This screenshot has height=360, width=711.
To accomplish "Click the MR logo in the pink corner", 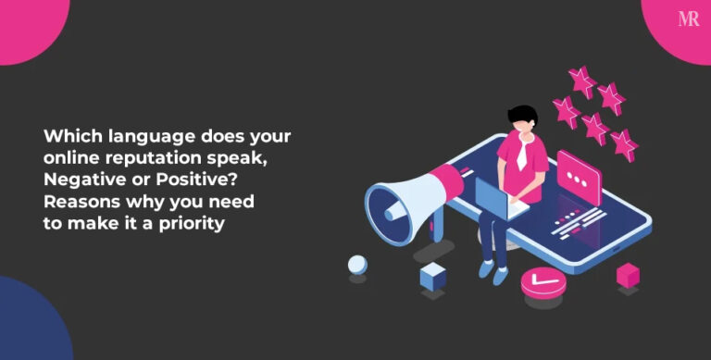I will click(x=688, y=19).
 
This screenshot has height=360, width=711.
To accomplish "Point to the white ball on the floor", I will click(x=357, y=266).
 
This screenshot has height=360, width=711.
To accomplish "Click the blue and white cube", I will click(x=432, y=276).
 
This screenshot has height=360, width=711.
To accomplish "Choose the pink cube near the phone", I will click(x=629, y=275).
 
